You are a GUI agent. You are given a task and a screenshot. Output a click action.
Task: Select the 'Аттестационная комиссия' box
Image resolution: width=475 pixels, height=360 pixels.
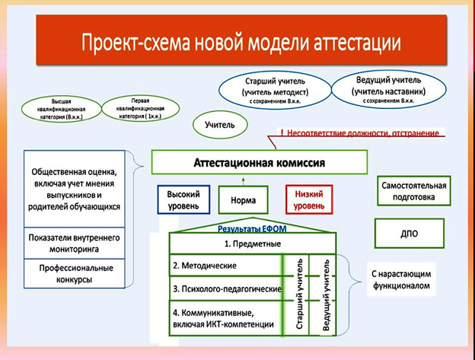[x=259, y=163]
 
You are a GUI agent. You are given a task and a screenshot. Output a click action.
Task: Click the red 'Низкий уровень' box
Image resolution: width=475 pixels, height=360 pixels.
[x=309, y=200]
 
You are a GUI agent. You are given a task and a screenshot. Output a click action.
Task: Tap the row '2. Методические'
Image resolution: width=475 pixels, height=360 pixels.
[x=225, y=266]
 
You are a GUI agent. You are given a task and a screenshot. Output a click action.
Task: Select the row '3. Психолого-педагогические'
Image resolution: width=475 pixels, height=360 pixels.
[x=225, y=289]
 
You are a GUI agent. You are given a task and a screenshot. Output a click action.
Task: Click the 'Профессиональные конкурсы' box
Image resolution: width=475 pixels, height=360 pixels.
[x=76, y=274]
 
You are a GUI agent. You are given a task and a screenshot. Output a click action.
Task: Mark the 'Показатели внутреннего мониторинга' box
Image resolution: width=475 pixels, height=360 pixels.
[x=76, y=242]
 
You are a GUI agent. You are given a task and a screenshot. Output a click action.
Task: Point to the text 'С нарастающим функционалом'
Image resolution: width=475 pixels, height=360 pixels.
[x=400, y=280]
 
